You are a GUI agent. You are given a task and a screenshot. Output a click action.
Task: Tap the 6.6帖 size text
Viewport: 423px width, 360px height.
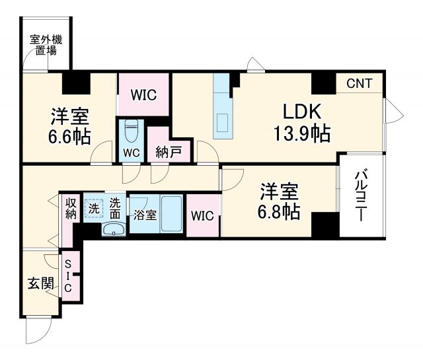69,136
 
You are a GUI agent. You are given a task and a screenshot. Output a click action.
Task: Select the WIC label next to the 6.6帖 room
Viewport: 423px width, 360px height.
143,94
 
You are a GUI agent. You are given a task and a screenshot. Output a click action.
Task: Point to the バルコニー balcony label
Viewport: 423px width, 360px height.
361,195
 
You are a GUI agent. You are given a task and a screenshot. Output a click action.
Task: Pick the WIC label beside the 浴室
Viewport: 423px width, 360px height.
202,215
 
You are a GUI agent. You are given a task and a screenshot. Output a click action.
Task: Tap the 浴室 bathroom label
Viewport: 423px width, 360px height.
144,215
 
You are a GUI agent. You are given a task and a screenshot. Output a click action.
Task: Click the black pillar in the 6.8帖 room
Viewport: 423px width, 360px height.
325,226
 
